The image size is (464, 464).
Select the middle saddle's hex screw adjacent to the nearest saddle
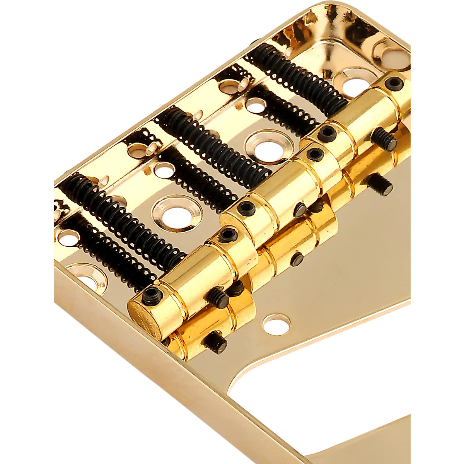[246, 208]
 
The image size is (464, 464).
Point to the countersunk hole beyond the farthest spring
[354, 84]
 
